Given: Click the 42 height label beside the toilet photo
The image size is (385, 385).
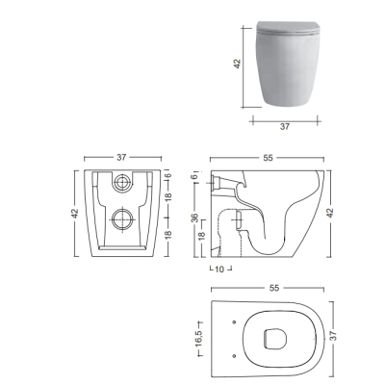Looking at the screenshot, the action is (238, 64).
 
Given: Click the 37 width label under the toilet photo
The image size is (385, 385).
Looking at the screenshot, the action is (285, 127).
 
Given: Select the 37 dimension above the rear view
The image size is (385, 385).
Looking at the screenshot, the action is (121, 158).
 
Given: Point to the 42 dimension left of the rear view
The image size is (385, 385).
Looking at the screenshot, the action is (75, 214).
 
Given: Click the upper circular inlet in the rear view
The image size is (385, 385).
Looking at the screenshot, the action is (122, 183).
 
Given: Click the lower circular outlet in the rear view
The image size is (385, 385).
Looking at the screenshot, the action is (122, 219).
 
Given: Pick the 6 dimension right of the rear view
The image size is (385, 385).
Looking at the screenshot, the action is (169, 175).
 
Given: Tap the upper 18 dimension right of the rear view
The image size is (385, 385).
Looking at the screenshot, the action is (169, 196).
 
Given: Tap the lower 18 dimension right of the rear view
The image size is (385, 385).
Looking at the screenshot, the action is (169, 235).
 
